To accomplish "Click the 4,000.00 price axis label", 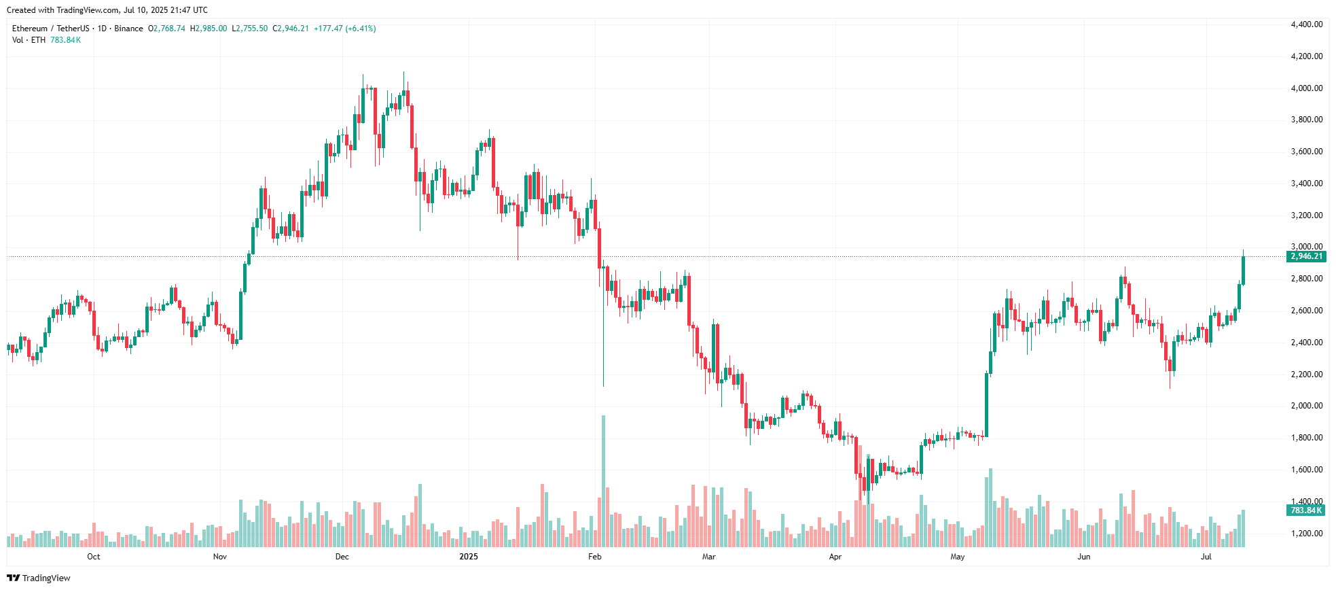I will (1306, 88).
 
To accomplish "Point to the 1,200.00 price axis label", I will (1306, 534).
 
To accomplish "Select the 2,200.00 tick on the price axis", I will (1306, 375).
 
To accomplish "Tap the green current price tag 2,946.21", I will (1306, 256).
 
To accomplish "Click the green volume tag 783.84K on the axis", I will (1306, 510).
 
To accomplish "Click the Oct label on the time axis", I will (94, 557).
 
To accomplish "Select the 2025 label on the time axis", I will (469, 557).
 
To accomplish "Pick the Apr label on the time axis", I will (835, 557).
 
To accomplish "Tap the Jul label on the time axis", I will (1206, 557).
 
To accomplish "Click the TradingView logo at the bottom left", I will (39, 578).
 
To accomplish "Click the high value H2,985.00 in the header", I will (209, 29).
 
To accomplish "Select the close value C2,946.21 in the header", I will (291, 29).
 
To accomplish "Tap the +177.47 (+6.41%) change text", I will (344, 29).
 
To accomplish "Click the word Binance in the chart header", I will (128, 29).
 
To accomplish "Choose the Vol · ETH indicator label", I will (29, 40).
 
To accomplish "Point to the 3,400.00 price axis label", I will (1306, 184).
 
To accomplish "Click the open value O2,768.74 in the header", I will (166, 29).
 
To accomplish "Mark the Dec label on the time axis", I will (342, 557).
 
